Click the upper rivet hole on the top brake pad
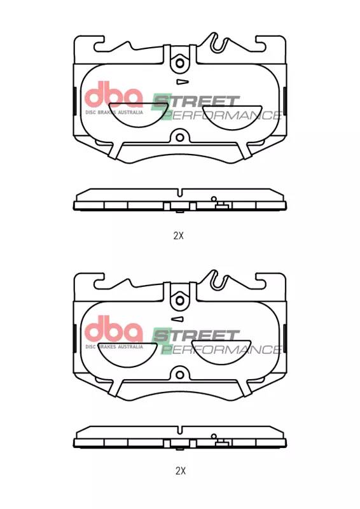(180, 63)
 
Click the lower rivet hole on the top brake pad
(179, 137)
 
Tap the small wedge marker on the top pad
(182, 82)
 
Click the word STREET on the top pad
(196, 101)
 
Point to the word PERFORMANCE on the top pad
(221, 115)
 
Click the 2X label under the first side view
(179, 235)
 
